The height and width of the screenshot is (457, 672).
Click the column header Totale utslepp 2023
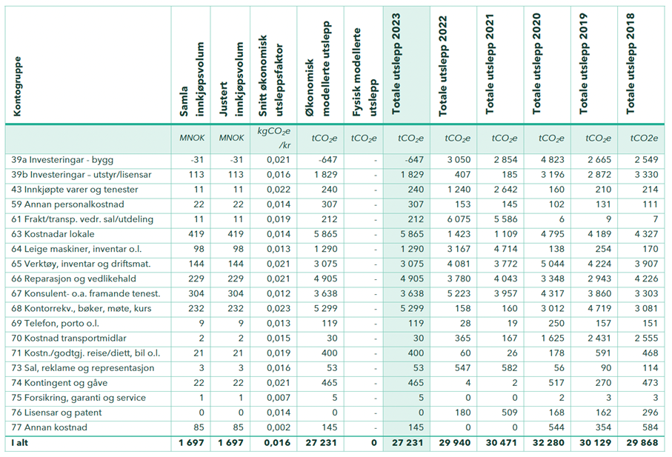[x=406, y=67]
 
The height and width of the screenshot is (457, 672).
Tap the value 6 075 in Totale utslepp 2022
[x=453, y=219]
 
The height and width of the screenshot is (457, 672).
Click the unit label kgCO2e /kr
[x=272, y=138]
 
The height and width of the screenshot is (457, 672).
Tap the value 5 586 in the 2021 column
[x=499, y=219]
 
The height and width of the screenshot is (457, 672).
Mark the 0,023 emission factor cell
[x=273, y=309]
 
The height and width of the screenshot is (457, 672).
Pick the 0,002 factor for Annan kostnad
[x=273, y=427]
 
